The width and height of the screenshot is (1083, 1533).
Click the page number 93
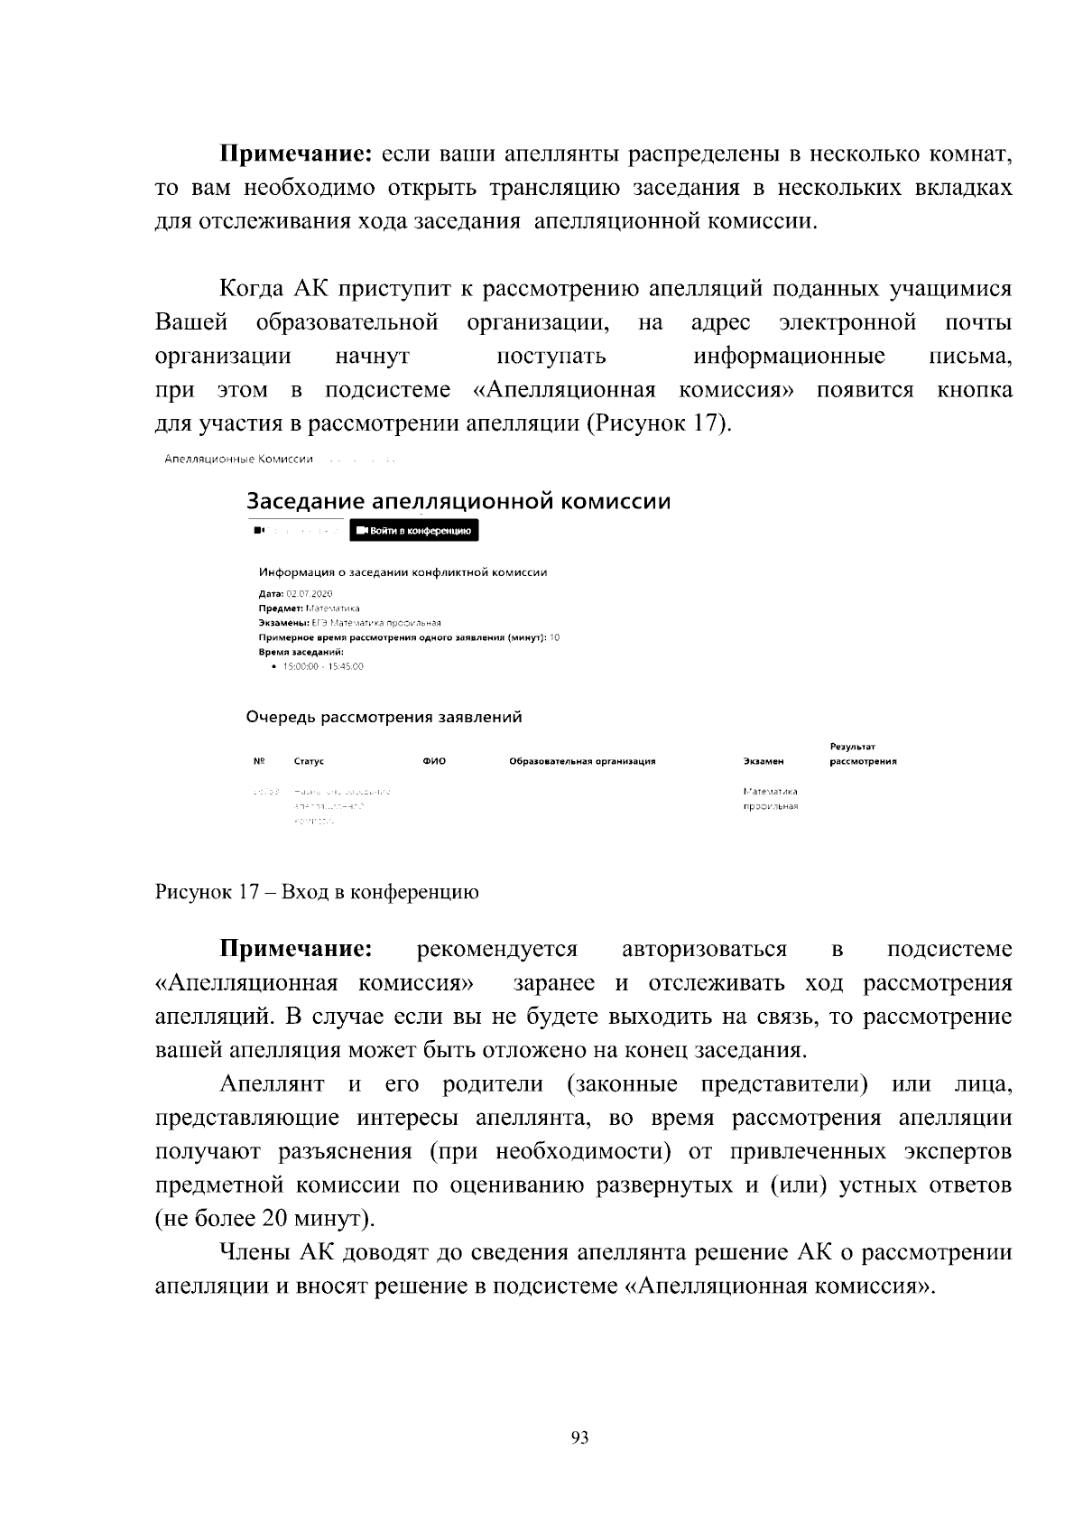click(x=580, y=1437)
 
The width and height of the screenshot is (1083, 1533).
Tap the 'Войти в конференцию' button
click(x=413, y=531)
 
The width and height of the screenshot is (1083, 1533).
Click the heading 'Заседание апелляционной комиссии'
click(x=458, y=501)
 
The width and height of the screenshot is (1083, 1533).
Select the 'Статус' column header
click(x=309, y=761)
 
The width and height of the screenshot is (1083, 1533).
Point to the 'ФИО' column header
click(x=434, y=761)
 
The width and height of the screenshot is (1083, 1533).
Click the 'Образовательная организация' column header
click(x=582, y=761)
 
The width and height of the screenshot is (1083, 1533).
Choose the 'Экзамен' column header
click(x=763, y=761)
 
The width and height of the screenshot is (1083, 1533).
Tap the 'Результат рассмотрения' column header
click(x=863, y=754)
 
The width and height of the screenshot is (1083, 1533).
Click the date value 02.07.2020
click(x=310, y=594)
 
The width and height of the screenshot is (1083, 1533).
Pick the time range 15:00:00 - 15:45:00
click(x=322, y=666)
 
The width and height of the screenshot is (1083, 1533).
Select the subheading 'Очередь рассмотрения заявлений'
click(x=384, y=718)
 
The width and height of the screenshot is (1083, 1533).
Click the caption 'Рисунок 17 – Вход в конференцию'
click(x=317, y=892)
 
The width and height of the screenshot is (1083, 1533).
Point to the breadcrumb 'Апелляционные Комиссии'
click(x=239, y=460)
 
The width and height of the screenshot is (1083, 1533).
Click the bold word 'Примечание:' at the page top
click(x=297, y=154)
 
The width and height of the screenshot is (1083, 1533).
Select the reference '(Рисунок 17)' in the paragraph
click(x=658, y=423)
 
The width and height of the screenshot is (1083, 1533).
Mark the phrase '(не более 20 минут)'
click(x=264, y=1219)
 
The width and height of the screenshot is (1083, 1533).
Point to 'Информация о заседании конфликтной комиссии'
click(x=403, y=572)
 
